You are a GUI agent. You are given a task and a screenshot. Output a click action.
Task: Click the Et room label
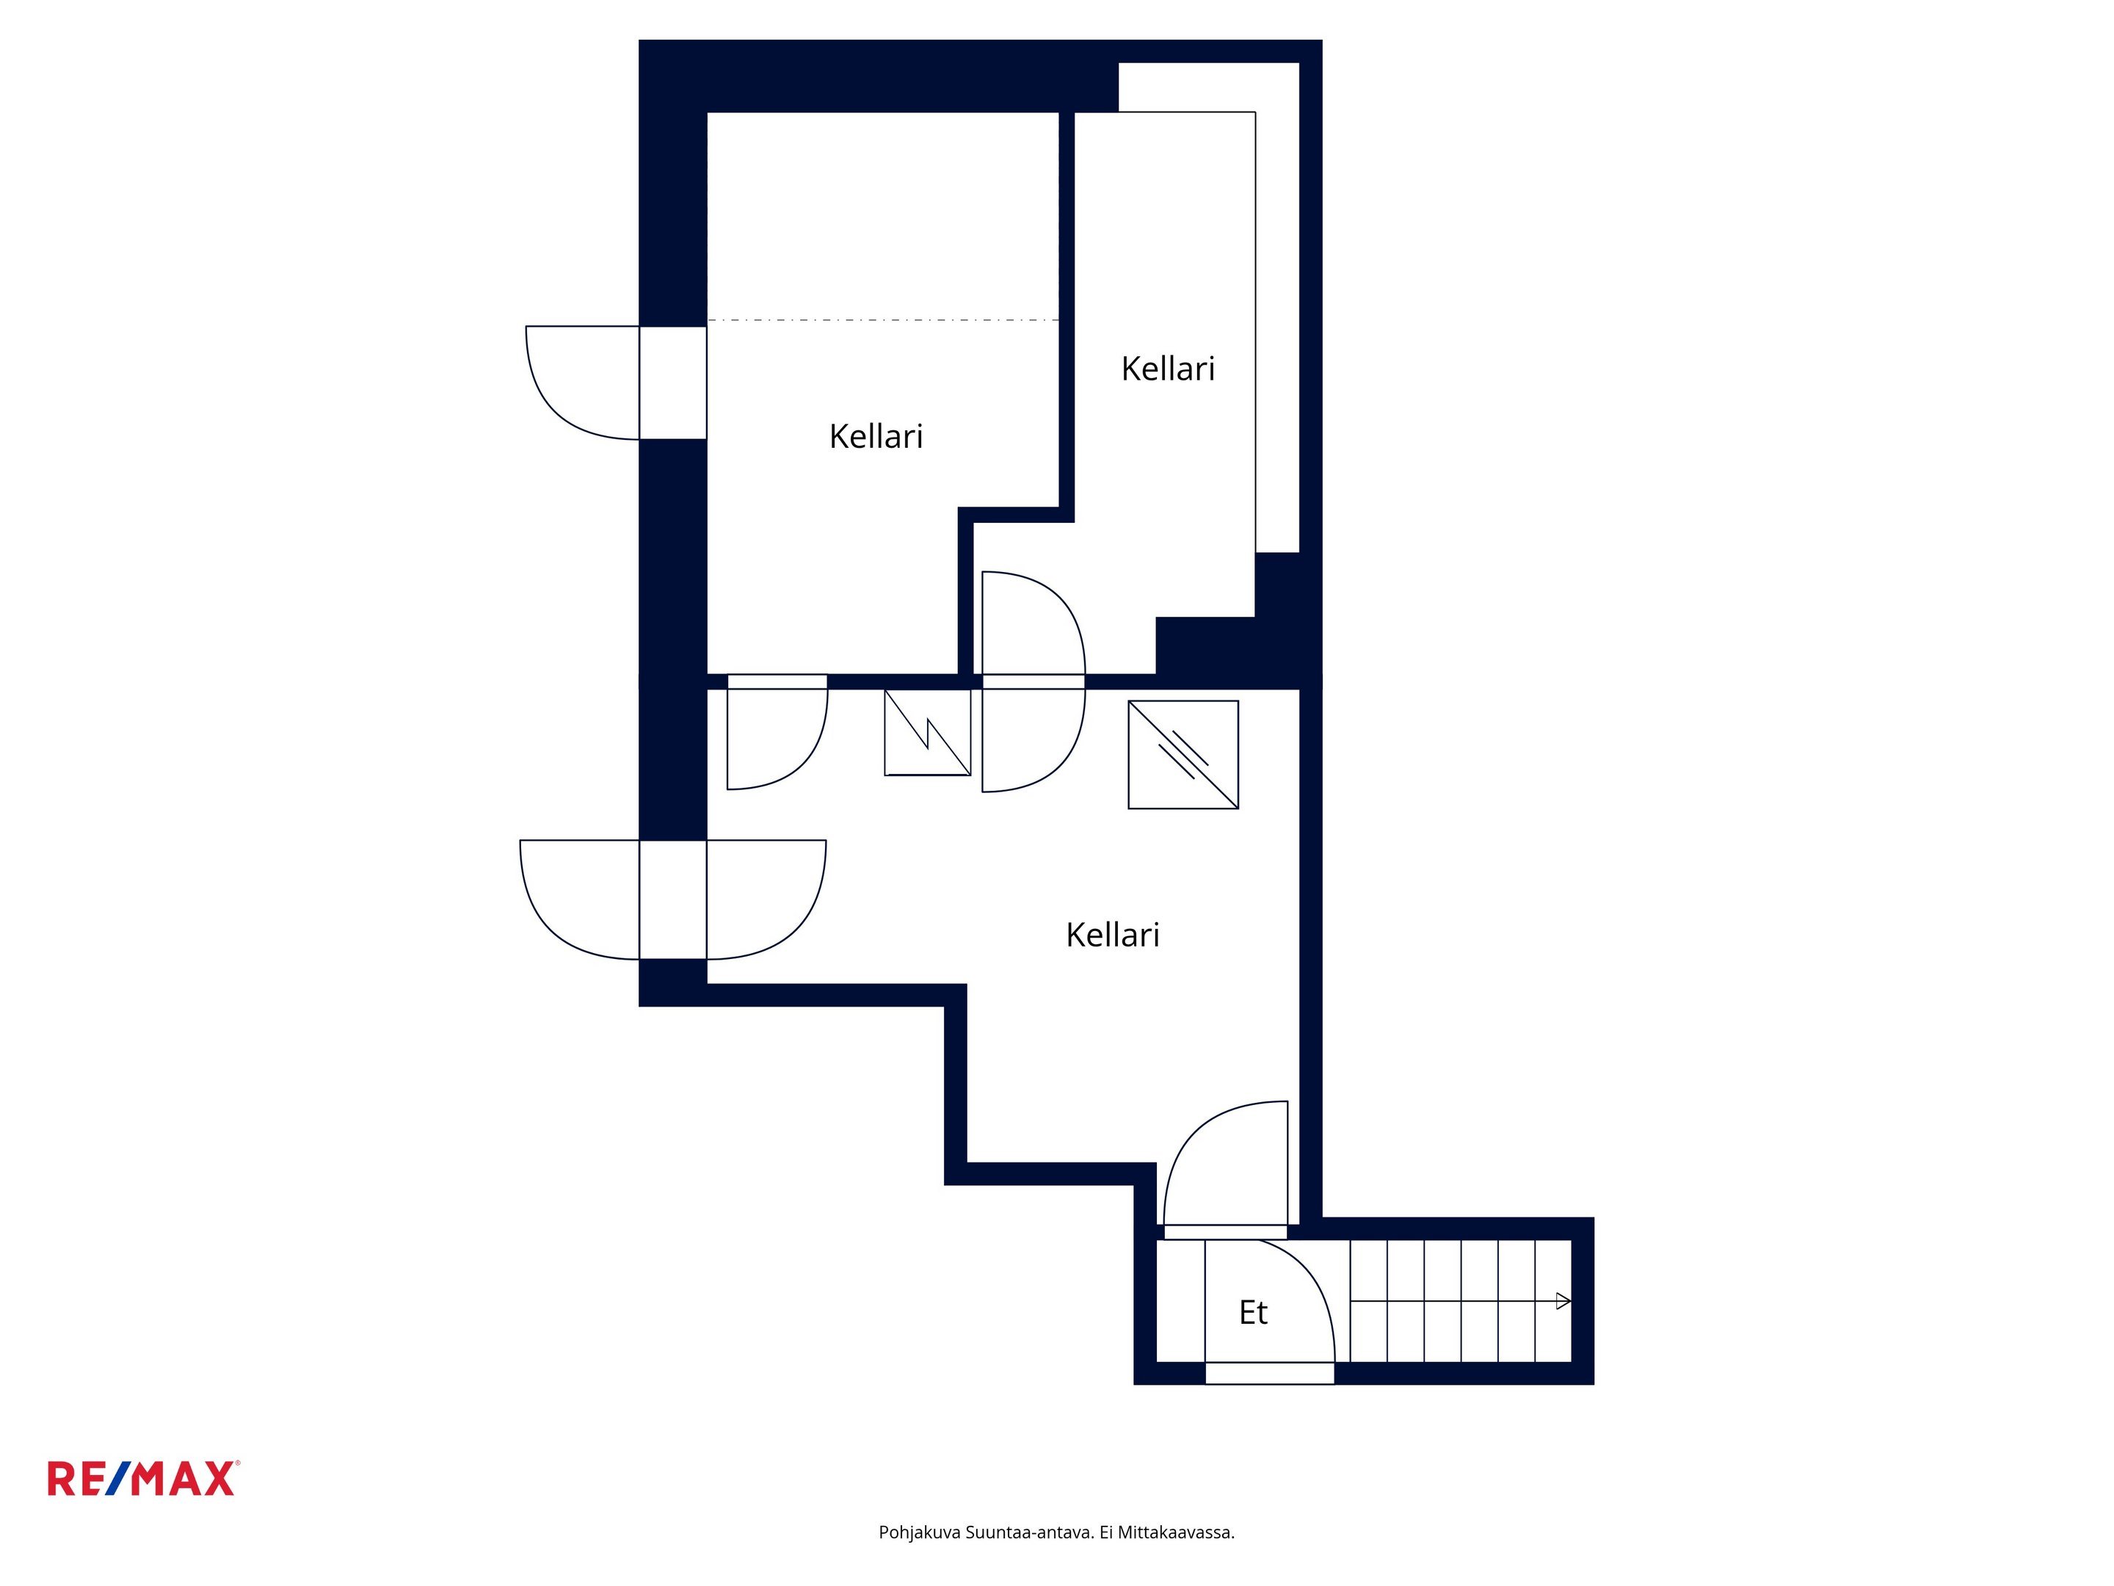click(1253, 1313)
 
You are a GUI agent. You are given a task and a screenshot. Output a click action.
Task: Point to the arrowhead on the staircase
click(1563, 1301)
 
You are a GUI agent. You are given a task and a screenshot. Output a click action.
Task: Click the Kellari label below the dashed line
click(876, 436)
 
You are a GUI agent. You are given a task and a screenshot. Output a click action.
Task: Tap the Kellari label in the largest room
click(1113, 934)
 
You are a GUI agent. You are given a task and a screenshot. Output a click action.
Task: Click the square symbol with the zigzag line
click(927, 732)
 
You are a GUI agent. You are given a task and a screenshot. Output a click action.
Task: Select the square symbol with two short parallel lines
click(1183, 754)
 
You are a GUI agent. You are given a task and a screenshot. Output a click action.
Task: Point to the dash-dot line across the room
click(883, 319)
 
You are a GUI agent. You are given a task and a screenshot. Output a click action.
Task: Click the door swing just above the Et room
click(1185, 1137)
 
